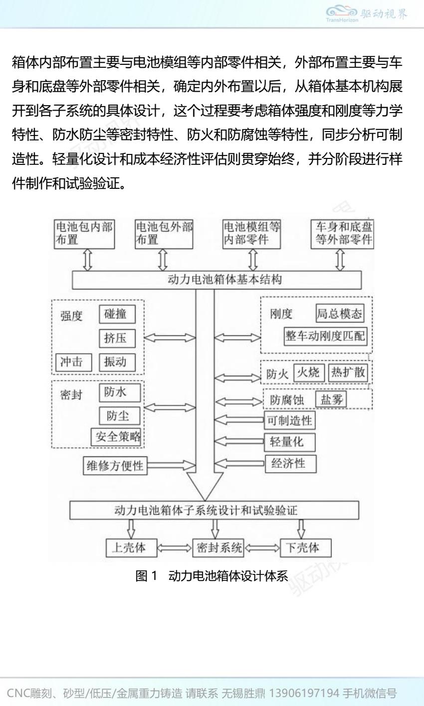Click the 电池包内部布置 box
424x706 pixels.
coord(84,233)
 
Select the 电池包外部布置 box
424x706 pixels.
coord(164,233)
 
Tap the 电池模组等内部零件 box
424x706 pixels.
coord(251,233)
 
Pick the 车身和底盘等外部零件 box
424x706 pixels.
coord(342,233)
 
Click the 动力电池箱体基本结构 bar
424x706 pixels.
coord(217,280)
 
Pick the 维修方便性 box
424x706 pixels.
coord(115,466)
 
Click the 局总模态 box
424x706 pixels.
coord(339,314)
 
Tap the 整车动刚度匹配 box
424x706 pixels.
coord(325,336)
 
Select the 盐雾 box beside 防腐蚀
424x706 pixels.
coord(332,400)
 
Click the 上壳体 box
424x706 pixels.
coord(131,548)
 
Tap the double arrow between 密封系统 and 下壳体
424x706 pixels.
coord(262,548)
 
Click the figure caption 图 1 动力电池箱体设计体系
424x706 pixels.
coord(212,576)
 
